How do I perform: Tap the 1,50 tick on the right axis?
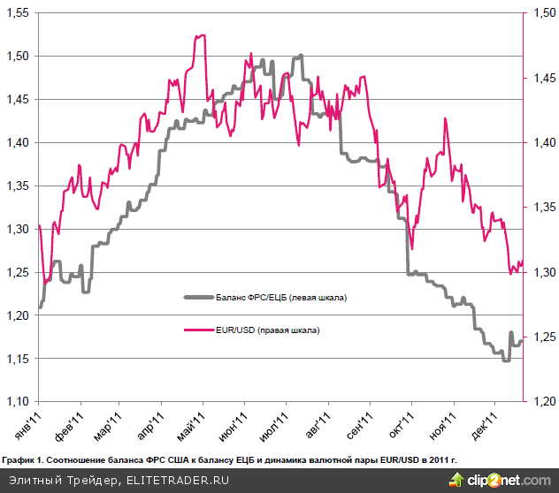(541, 14)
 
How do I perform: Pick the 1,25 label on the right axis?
(541, 338)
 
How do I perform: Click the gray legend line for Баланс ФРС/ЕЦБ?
(195, 298)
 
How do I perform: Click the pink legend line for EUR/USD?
(195, 330)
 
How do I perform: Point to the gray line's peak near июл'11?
(301, 56)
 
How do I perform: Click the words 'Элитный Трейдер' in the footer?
(59, 481)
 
